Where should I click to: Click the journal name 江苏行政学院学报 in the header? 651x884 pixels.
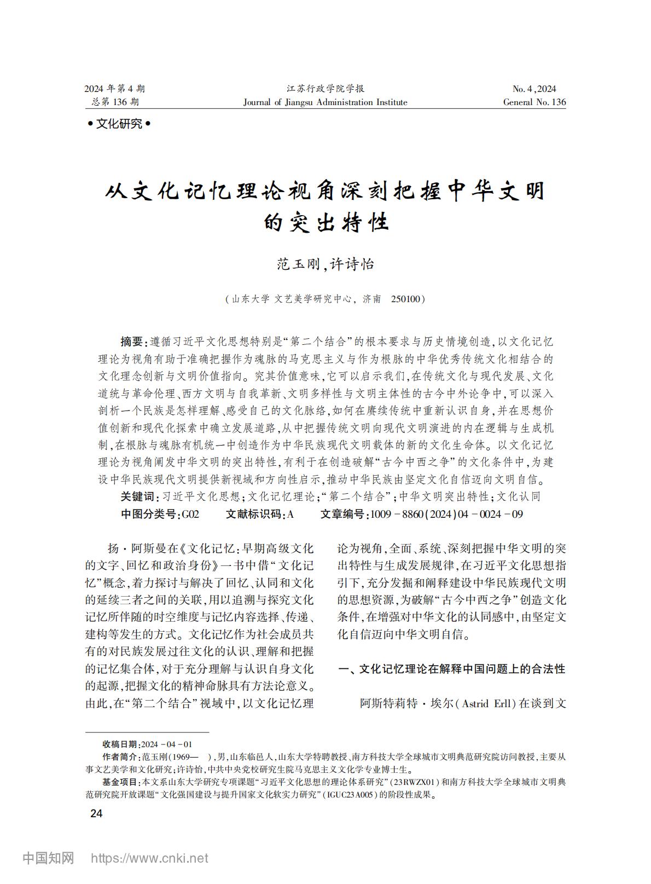tap(325, 89)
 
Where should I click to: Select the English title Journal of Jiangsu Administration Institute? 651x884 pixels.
tap(325, 102)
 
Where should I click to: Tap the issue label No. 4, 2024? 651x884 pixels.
tap(534, 89)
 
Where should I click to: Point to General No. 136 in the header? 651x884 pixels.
tap(534, 102)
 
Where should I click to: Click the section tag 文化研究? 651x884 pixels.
tap(119, 124)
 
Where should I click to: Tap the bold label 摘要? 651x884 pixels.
tap(132, 342)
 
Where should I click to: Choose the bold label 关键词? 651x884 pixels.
tap(137, 496)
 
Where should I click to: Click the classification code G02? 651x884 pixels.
tap(190, 514)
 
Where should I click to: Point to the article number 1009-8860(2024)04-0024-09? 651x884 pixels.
tap(446, 514)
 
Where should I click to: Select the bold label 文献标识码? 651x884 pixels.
tap(255, 514)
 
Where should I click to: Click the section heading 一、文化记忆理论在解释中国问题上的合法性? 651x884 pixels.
tap(452, 669)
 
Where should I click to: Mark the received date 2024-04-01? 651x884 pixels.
tap(166, 744)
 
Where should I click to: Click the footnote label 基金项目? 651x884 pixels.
tap(121, 782)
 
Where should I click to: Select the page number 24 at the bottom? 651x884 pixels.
tap(96, 813)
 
